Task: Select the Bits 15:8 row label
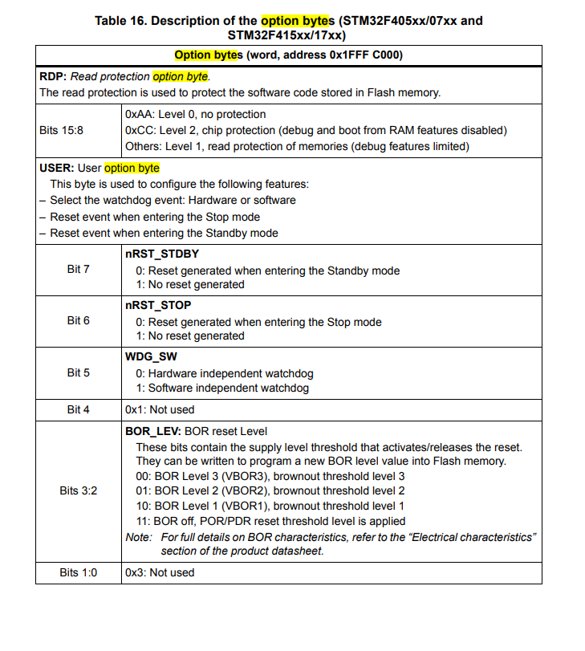pyautogui.click(x=61, y=130)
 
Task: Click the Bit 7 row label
pyautogui.click(x=78, y=269)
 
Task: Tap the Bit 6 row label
pyautogui.click(x=78, y=320)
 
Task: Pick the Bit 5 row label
pyautogui.click(x=78, y=372)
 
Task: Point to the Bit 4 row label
pyautogui.click(x=78, y=409)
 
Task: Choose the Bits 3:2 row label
pyautogui.click(x=78, y=490)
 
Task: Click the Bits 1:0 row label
pyautogui.click(x=78, y=572)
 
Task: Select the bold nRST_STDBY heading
pyautogui.click(x=162, y=254)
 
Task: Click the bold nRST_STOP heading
pyautogui.click(x=158, y=306)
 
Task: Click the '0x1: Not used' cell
pyautogui.click(x=160, y=409)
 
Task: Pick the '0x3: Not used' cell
pyautogui.click(x=160, y=572)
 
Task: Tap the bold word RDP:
pyautogui.click(x=53, y=76)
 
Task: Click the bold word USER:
pyautogui.click(x=56, y=168)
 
